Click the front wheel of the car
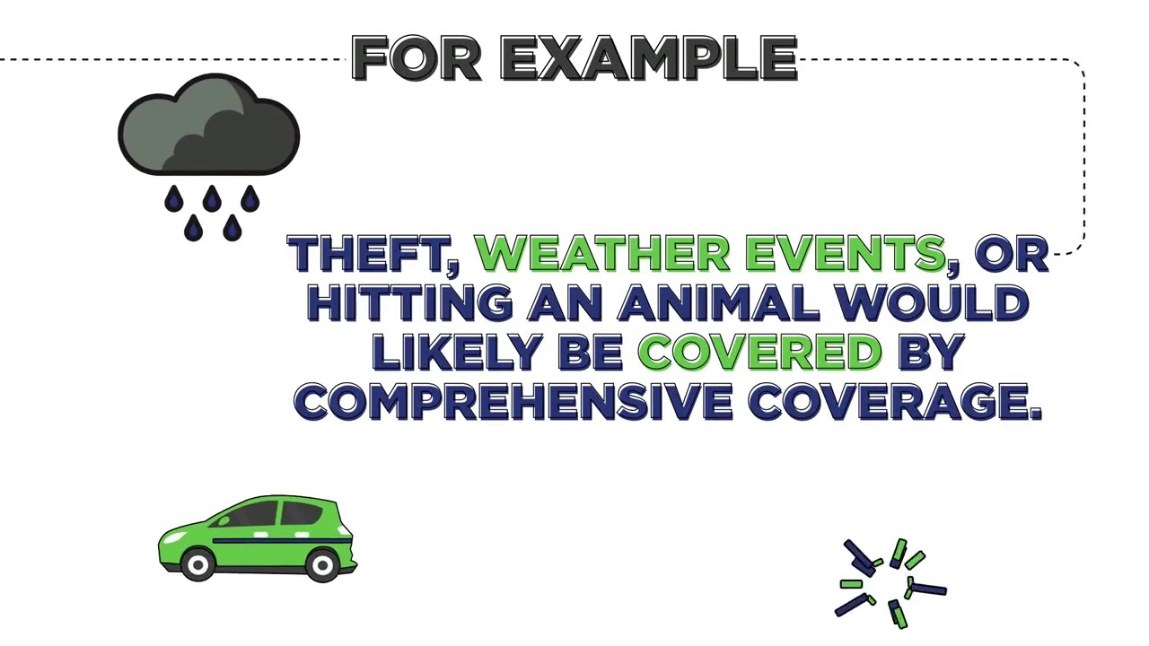pos(197,563)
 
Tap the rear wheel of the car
pos(321,563)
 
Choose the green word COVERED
pos(759,353)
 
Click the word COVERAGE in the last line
pos(894,402)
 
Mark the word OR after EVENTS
pos(1011,255)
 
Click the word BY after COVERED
pos(931,353)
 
